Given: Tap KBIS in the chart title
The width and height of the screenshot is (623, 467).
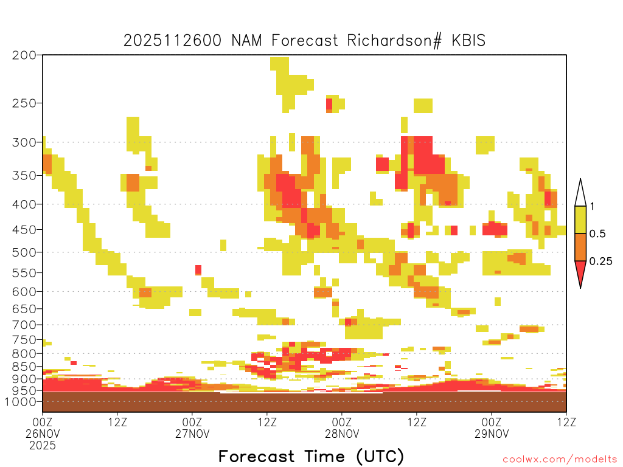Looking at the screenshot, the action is pos(468,41).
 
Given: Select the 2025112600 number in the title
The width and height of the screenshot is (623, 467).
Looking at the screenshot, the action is pos(172,41).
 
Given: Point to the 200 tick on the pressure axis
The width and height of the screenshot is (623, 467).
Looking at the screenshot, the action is pos(24,55).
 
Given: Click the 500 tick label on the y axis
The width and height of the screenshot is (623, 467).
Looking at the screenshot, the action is pos(24,252).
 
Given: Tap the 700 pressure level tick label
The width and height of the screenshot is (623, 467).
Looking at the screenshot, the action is pos(24,325).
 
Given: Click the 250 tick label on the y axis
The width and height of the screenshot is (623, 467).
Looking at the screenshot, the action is pos(24,103).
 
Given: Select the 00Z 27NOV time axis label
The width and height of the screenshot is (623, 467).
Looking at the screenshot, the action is pos(192,427).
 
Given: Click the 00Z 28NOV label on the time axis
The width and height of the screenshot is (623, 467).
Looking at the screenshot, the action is pos(342,427).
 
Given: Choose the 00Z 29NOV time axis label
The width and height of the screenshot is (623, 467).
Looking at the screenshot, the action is pos(492,427).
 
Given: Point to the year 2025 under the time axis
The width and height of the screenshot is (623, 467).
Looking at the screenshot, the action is pos(43,446).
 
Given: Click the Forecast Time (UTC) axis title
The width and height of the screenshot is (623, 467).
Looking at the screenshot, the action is pos(311,456).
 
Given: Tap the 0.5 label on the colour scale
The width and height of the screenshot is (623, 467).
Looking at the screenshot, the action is pos(597,234).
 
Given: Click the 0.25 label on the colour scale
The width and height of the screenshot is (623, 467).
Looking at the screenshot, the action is pos(600,261).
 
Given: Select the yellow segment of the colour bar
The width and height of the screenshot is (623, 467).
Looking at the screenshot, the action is pos(580,220).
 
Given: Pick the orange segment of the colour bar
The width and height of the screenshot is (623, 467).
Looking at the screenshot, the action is pos(580,247).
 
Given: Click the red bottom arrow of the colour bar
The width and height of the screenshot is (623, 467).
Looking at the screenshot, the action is pos(580,272).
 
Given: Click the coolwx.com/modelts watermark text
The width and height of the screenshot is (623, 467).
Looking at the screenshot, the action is pos(560,460).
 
